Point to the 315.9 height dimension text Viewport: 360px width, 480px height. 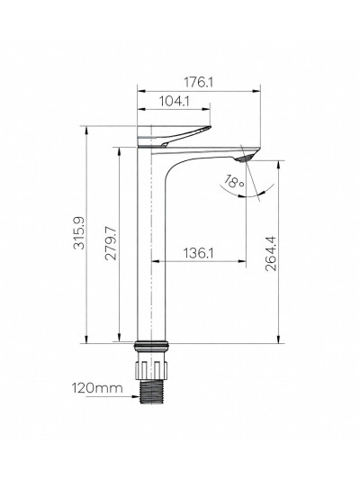pyautogui.click(x=78, y=232)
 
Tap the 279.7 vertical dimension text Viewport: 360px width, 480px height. pyautogui.click(x=111, y=244)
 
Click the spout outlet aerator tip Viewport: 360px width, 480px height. pyautogui.click(x=251, y=159)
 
